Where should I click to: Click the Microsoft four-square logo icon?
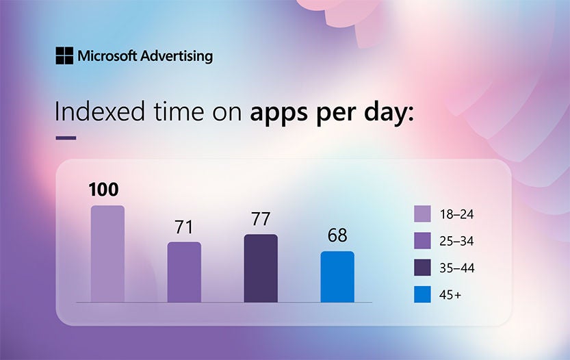point(65,55)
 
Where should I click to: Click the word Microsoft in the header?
point(107,55)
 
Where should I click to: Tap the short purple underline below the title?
point(66,138)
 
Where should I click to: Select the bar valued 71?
point(184,272)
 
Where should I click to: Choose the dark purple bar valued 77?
point(261,268)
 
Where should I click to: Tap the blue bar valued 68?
point(337,277)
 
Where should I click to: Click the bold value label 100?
point(105,190)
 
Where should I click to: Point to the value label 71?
point(184,227)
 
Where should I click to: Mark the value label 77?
point(261,219)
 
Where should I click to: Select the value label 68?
point(337,236)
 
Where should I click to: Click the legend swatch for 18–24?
point(422,214)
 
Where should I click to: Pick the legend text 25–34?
point(456,241)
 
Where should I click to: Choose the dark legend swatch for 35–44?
point(422,268)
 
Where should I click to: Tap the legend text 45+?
point(452,295)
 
